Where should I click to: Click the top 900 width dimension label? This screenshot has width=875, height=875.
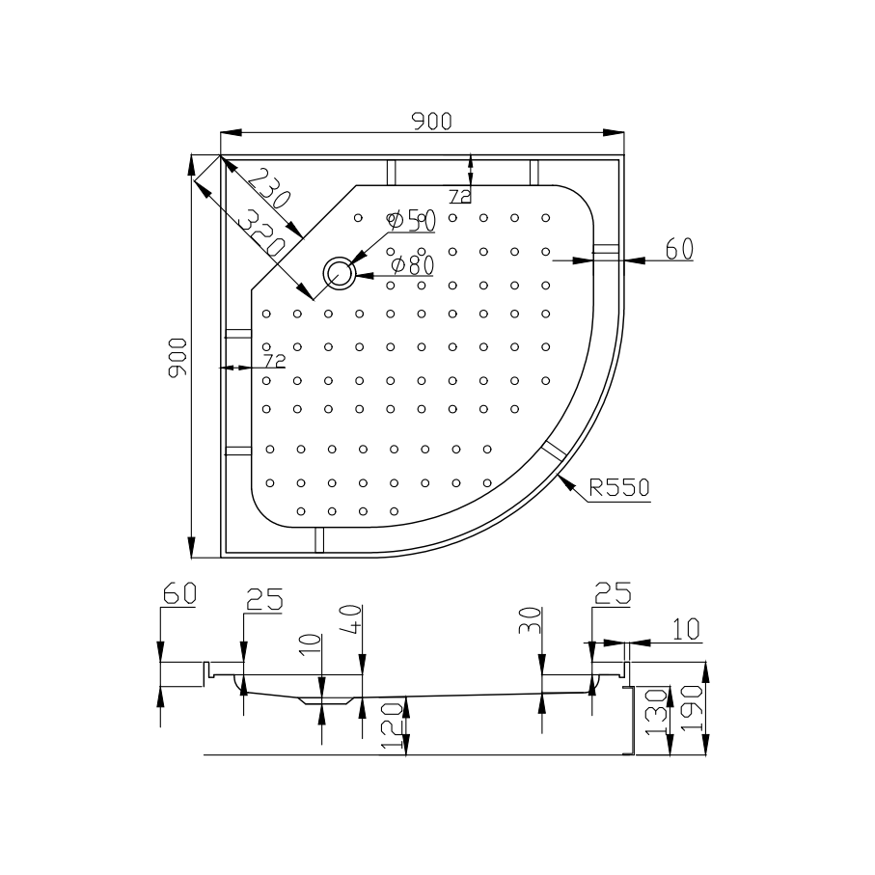pyautogui.click(x=431, y=121)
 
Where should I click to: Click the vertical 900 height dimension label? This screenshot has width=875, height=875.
pyautogui.click(x=177, y=357)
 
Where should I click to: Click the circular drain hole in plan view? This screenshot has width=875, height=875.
pyautogui.click(x=340, y=274)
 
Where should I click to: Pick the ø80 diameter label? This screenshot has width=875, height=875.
pyautogui.click(x=411, y=263)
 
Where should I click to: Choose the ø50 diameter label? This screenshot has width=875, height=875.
pyautogui.click(x=412, y=221)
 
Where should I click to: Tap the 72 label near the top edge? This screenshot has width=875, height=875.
pyautogui.click(x=459, y=197)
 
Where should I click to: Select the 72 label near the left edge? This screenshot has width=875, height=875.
pyautogui.click(x=274, y=361)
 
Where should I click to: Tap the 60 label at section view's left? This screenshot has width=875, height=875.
pyautogui.click(x=178, y=592)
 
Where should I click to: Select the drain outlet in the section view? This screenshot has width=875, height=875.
pyautogui.click(x=321, y=699)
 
